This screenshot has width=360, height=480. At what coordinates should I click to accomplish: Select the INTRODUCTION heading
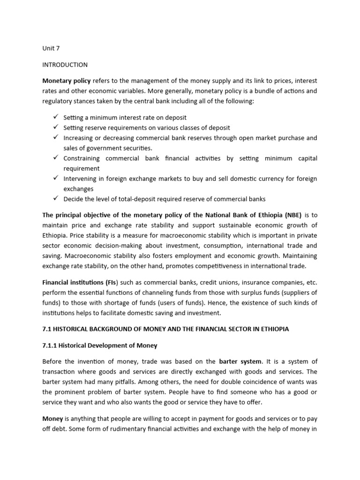65,65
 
